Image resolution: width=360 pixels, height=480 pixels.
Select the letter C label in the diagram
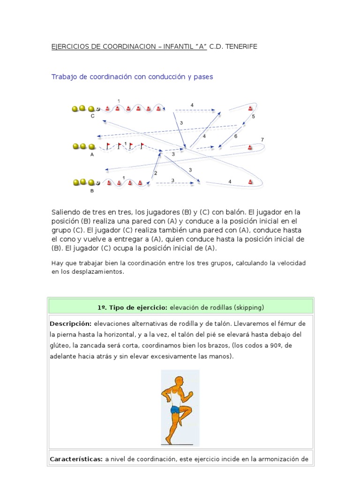pyautogui.click(x=92, y=116)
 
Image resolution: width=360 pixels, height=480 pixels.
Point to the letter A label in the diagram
pyautogui.click(x=92, y=153)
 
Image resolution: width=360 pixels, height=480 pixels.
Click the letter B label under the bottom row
pyautogui.click(x=92, y=190)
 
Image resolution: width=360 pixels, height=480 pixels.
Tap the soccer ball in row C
pyautogui.click(x=97, y=109)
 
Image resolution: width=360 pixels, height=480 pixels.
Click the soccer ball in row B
pyautogui.click(x=97, y=182)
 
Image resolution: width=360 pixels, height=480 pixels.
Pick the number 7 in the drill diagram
pyautogui.click(x=262, y=140)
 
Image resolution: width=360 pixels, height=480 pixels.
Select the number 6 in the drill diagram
pyautogui.click(x=236, y=136)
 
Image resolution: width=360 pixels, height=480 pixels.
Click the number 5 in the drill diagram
pyautogui.click(x=254, y=116)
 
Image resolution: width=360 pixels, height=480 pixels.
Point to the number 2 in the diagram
pyautogui.click(x=156, y=173)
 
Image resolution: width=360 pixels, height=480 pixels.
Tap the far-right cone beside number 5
pyautogui.click(x=250, y=109)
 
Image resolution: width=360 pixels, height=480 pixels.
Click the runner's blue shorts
pyautogui.click(x=175, y=410)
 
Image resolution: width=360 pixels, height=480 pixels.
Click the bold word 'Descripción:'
pyautogui.click(x=70, y=324)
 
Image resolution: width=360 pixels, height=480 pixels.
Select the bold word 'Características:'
pyautogui.click(x=75, y=459)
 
